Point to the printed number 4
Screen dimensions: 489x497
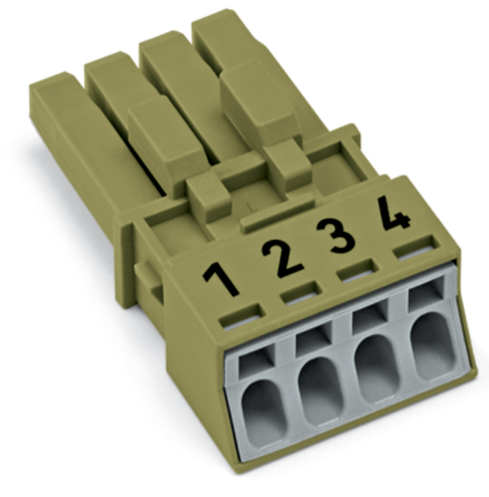394,213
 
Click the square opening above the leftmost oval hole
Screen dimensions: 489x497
256,362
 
